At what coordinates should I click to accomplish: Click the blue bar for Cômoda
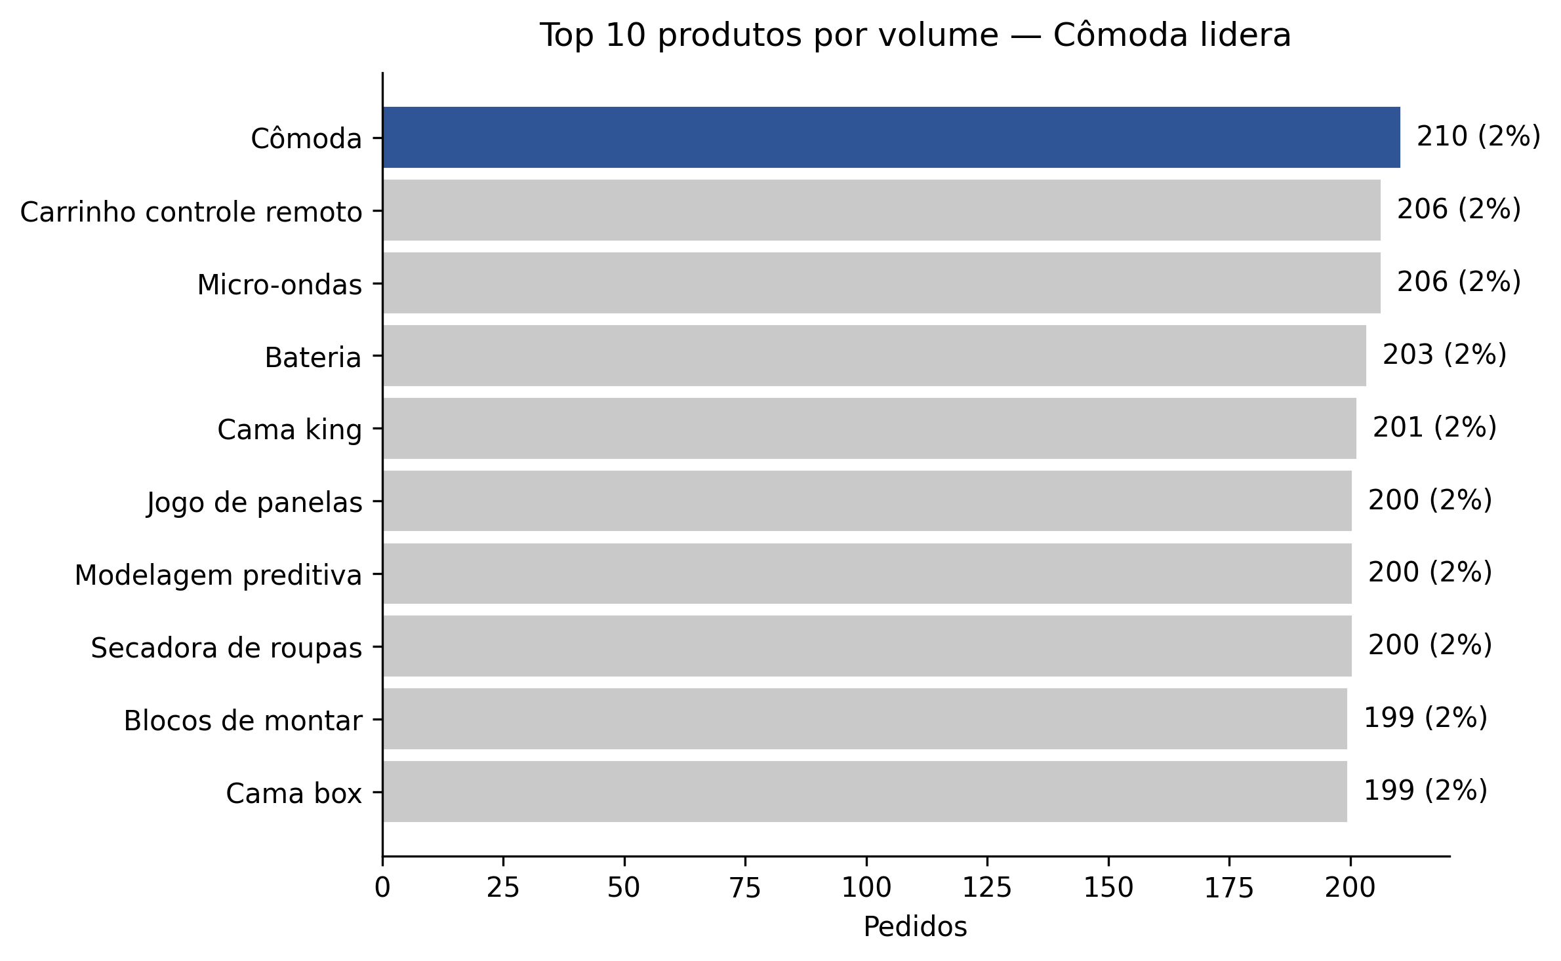coord(891,137)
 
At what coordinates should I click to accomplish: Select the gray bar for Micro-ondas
coord(881,283)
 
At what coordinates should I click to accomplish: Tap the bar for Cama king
coord(869,428)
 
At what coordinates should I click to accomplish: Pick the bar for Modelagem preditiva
coord(866,573)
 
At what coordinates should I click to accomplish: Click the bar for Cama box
coord(864,791)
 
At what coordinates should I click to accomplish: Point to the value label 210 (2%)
coord(1478,137)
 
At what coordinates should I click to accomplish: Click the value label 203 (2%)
coord(1444,355)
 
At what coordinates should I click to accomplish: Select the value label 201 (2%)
coord(1434,427)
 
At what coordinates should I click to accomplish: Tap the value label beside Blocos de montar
coord(1425,718)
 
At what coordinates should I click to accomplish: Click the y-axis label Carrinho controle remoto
coord(191,212)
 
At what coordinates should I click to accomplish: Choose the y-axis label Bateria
coord(313,358)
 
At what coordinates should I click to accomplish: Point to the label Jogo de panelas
coord(254,503)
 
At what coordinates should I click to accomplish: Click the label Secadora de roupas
coord(226,648)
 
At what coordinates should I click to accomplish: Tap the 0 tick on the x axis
coord(382,888)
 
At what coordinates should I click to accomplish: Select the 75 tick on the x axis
coord(745,888)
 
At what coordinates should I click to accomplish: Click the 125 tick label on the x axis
coord(986,888)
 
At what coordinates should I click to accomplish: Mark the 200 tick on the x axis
coord(1350,888)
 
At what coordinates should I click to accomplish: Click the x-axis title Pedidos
coord(915,927)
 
